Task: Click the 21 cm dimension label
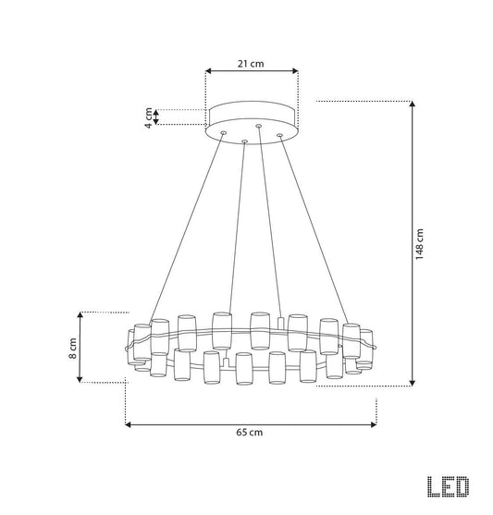[251, 64]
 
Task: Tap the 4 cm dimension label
[149, 117]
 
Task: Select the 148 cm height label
[419, 244]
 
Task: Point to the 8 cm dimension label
[73, 348]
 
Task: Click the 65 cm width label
[250, 432]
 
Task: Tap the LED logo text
[448, 486]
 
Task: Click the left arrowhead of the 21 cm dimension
[208, 71]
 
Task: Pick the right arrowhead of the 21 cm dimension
[295, 71]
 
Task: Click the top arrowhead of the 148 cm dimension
[413, 104]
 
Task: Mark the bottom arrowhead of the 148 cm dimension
[413, 383]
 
